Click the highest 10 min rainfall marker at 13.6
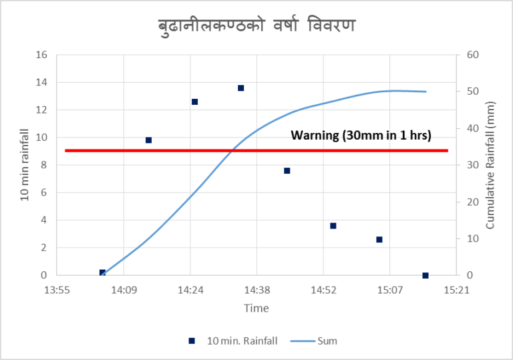pos(240,88)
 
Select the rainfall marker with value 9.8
pos(148,140)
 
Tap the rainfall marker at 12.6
pos(194,102)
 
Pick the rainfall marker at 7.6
pos(287,171)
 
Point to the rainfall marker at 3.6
pos(333,226)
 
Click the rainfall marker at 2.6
pos(379,239)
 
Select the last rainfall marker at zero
pos(425,275)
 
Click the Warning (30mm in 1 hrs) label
pos(361,136)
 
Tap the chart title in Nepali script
pos(256,27)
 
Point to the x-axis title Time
pos(256,308)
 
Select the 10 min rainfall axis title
pos(24,165)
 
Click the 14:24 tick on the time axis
pos(190,291)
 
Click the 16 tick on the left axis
pos(41,55)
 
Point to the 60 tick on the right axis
pos(473,55)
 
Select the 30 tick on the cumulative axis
pos(473,165)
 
